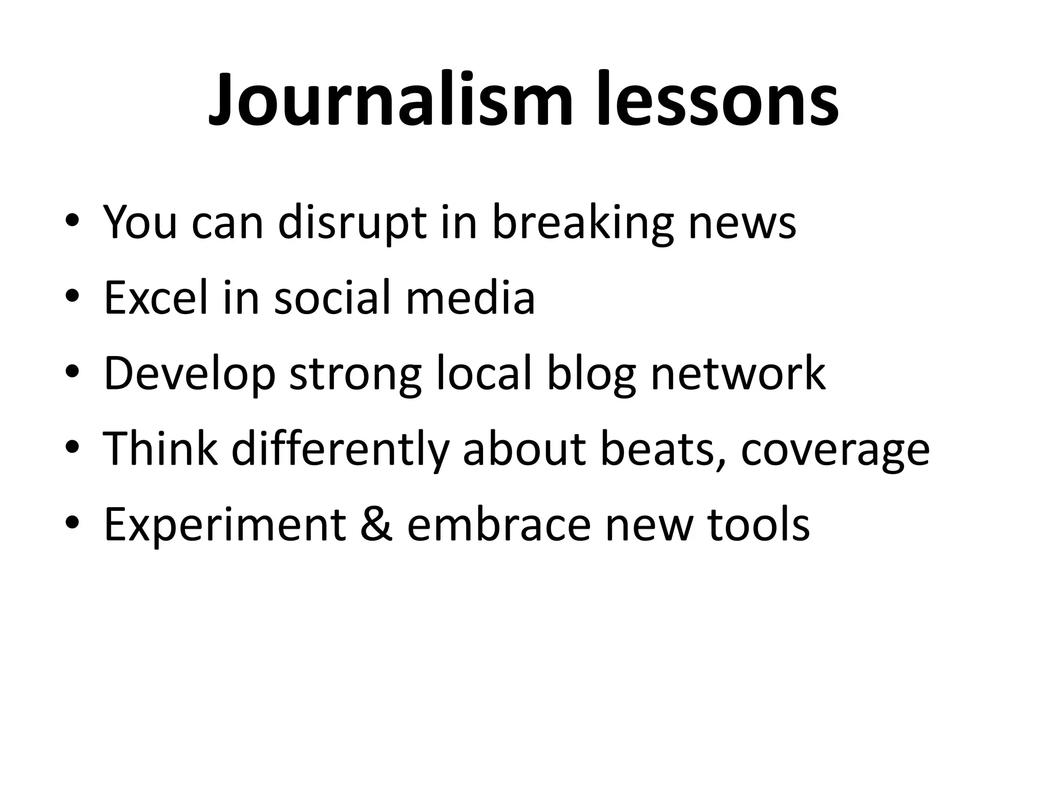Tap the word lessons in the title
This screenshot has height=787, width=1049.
coord(718,100)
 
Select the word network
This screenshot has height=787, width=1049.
coord(738,373)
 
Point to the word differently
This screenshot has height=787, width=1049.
coord(341,449)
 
